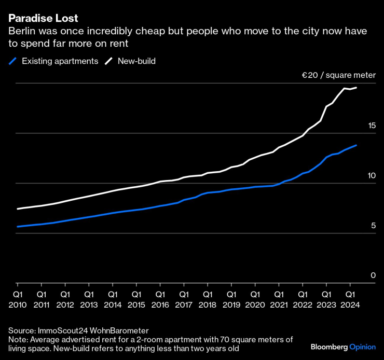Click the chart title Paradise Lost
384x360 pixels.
click(x=43, y=19)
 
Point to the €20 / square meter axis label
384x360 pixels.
click(x=339, y=76)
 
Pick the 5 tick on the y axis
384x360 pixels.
click(x=373, y=226)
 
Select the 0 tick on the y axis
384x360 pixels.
click(x=373, y=275)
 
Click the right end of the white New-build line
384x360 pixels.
click(x=356, y=88)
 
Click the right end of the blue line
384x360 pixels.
click(x=356, y=145)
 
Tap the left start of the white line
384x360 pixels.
click(x=18, y=209)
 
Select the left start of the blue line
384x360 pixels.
click(x=18, y=227)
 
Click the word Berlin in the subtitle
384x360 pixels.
click(x=21, y=31)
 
